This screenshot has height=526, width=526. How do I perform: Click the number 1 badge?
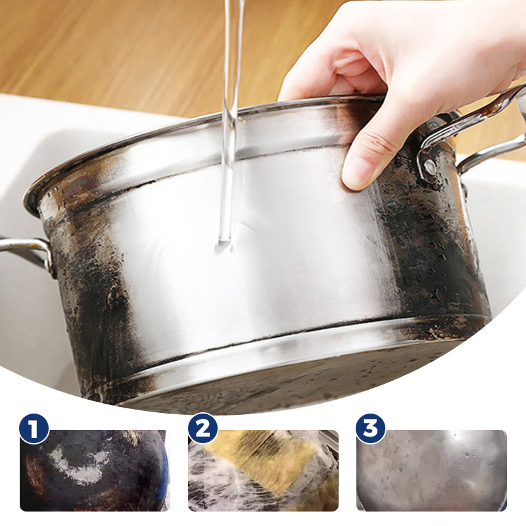[34, 429]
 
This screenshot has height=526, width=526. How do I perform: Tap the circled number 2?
[203, 429]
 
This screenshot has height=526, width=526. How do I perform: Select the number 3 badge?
[371, 429]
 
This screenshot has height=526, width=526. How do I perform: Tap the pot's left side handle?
[26, 249]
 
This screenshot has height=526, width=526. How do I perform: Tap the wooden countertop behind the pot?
[99, 46]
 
